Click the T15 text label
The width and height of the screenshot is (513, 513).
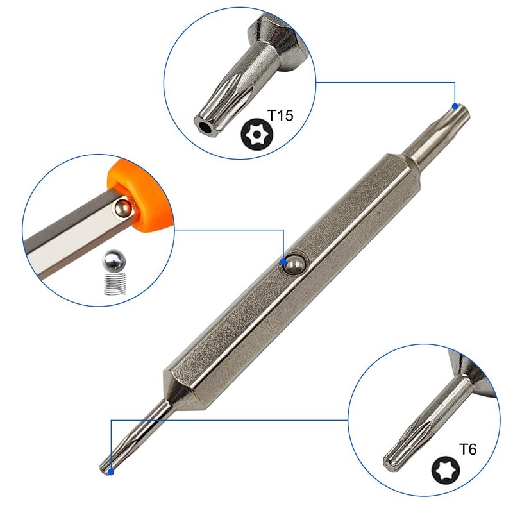(280, 115)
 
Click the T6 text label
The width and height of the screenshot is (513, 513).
(467, 450)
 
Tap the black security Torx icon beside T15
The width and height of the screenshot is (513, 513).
(257, 134)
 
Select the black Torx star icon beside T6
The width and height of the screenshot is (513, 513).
(445, 470)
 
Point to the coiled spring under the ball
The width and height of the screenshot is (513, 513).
(115, 283)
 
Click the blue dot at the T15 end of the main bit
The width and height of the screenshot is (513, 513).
(455, 106)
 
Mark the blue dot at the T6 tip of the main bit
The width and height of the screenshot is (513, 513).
(111, 472)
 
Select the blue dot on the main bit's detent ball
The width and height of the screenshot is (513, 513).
(283, 262)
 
